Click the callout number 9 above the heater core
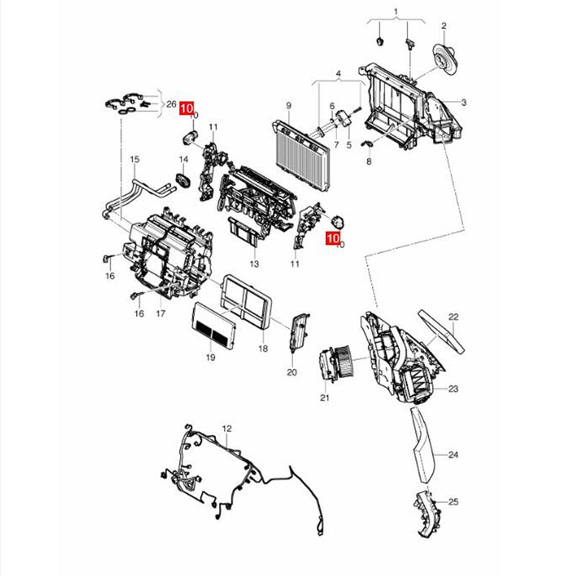[289, 106]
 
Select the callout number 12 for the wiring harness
[227, 428]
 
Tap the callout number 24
[454, 455]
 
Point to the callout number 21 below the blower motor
[325, 397]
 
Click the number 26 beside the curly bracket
[171, 104]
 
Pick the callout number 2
[444, 26]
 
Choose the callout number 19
[210, 357]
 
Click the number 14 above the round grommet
[184, 159]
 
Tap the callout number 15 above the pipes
[135, 159]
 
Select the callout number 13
[254, 264]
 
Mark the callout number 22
[454, 317]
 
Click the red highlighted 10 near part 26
[186, 109]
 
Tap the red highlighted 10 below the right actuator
[333, 238]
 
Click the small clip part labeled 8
[367, 143]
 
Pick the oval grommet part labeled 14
[184, 181]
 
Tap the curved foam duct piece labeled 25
[426, 512]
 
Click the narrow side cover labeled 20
[300, 333]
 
